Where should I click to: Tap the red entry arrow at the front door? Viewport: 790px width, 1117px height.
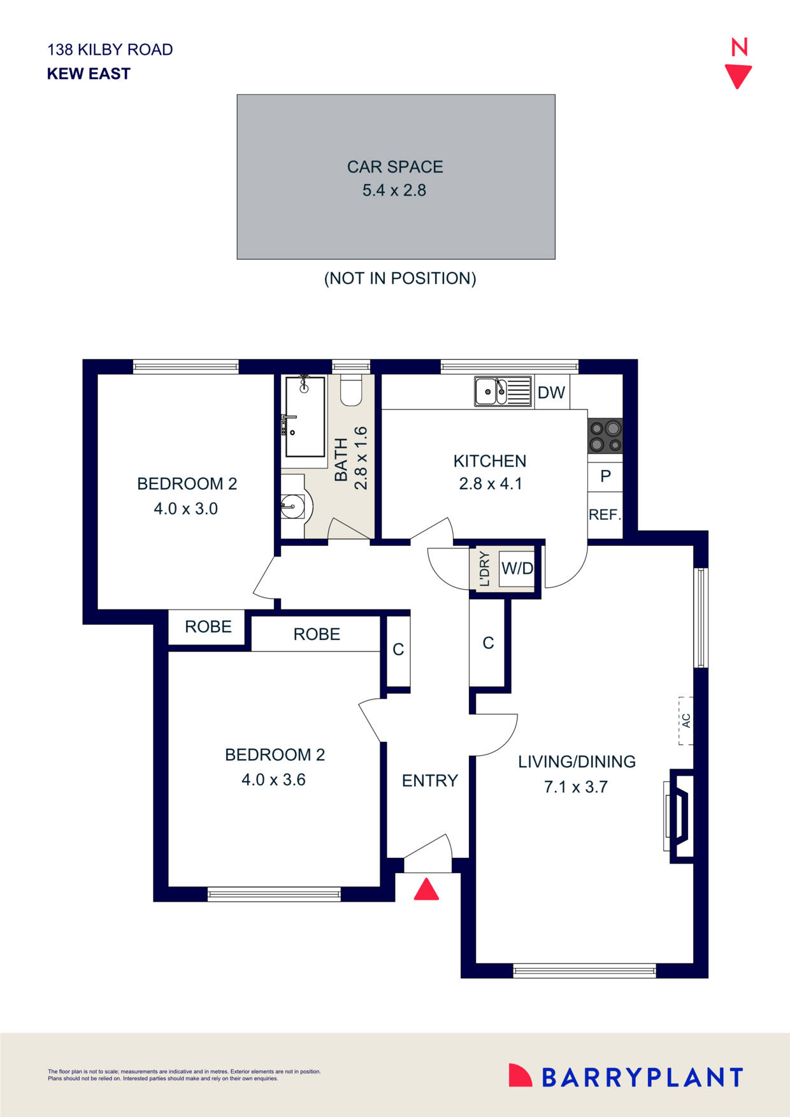[x=426, y=890]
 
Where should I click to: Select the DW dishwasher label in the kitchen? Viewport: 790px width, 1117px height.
[x=551, y=392]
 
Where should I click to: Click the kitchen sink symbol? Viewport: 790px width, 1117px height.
[x=503, y=391]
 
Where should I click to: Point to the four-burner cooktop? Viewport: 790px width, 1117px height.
[x=605, y=436]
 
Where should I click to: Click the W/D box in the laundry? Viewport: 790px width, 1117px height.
[x=517, y=568]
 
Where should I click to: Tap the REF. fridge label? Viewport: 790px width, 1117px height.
[x=605, y=515]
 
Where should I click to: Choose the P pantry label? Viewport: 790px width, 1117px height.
[x=605, y=476]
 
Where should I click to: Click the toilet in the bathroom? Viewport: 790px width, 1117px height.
[x=351, y=390]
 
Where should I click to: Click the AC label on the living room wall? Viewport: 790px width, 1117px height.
[x=686, y=721]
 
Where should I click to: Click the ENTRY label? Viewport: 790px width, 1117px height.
[x=429, y=781]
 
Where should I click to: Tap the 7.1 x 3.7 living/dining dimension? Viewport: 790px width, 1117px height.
[x=576, y=787]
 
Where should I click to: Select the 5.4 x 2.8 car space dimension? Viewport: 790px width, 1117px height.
[x=394, y=190]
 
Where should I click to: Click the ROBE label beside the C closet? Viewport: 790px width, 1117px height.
[x=317, y=634]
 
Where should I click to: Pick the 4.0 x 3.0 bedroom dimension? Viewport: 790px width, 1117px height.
[x=186, y=509]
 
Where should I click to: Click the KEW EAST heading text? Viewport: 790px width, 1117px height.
[x=89, y=74]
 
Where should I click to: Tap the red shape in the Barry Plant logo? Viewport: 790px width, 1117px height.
[x=519, y=1076]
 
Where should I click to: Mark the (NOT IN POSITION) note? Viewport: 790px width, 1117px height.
[x=400, y=278]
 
